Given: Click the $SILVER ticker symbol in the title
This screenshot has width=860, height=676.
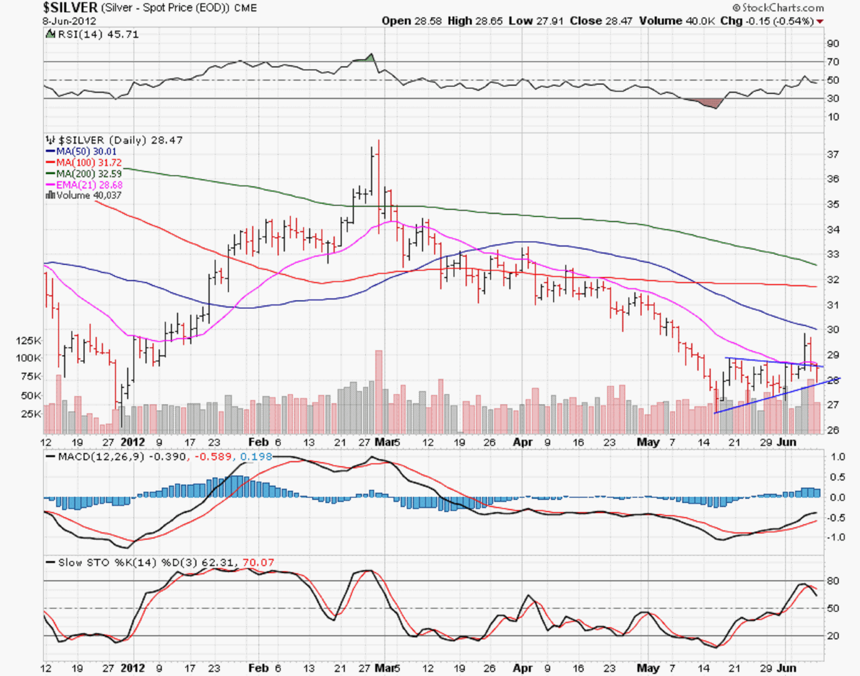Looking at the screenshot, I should [70, 8].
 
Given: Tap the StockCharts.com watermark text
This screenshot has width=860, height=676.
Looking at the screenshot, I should [782, 8].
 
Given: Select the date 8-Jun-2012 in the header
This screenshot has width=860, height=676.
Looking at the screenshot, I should [69, 22].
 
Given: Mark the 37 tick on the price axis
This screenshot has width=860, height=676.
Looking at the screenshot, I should [832, 154].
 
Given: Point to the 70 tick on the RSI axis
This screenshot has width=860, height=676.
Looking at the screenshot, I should [832, 62].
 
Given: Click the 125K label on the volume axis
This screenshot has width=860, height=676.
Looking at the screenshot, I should [29, 341].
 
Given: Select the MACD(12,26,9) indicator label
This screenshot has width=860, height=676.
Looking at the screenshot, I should [122, 457].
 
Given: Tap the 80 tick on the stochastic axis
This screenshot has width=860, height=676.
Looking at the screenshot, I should [833, 581].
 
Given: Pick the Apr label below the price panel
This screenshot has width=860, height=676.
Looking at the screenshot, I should [523, 442].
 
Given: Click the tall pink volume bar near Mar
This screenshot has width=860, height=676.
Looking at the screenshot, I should [379, 391].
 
